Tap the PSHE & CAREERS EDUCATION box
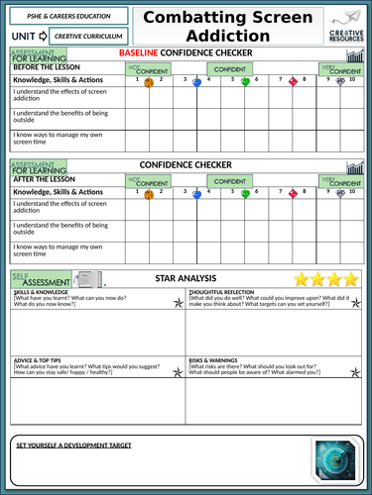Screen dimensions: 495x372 pos(65,16)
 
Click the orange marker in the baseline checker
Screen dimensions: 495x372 pos(149,83)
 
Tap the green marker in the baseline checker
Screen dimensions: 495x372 pos(246,82)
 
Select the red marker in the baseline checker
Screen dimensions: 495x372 pos(294,82)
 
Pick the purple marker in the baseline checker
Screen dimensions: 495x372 pos(341,82)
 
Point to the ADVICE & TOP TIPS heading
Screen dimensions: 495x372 pos(40,359)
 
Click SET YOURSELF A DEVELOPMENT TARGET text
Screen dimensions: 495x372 pos(73,445)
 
